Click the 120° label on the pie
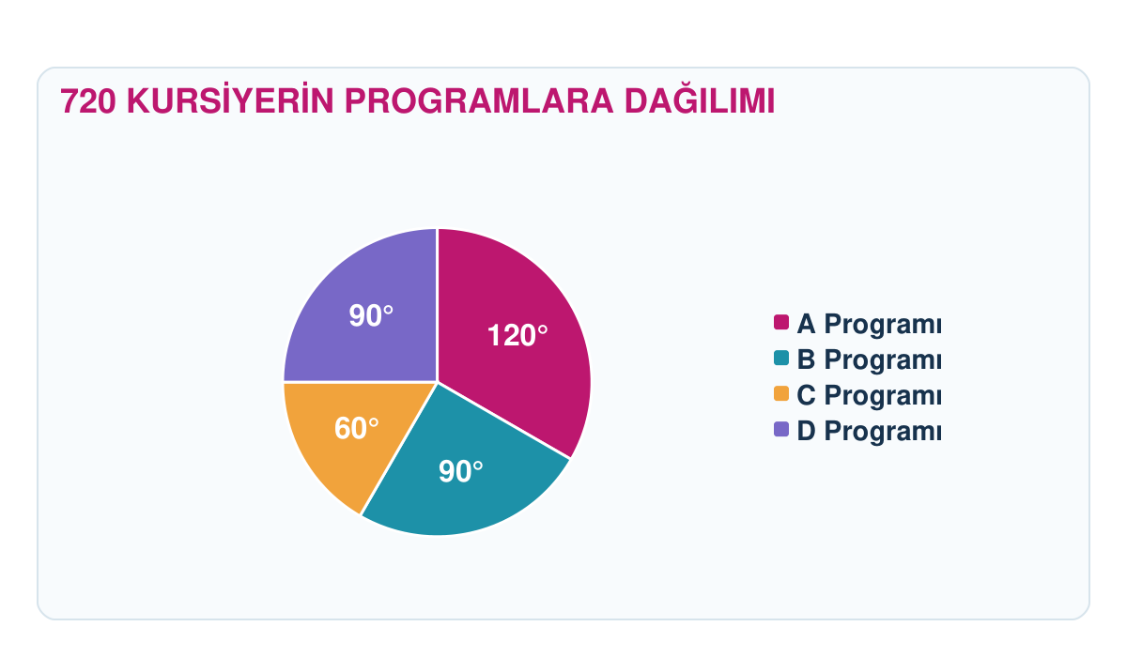[x=517, y=335]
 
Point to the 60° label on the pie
[x=357, y=428]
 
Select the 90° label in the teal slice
[x=461, y=471]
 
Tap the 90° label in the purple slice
[x=371, y=315]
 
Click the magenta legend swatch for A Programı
[x=781, y=322]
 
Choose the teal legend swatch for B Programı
[x=781, y=358]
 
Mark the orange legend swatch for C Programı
[x=781, y=393]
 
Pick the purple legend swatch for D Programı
[x=781, y=429]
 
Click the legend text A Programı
[x=870, y=324]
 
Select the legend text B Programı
[x=870, y=359]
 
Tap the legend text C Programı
[x=870, y=395]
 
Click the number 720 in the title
[x=88, y=101]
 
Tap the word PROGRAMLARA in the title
[x=479, y=101]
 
